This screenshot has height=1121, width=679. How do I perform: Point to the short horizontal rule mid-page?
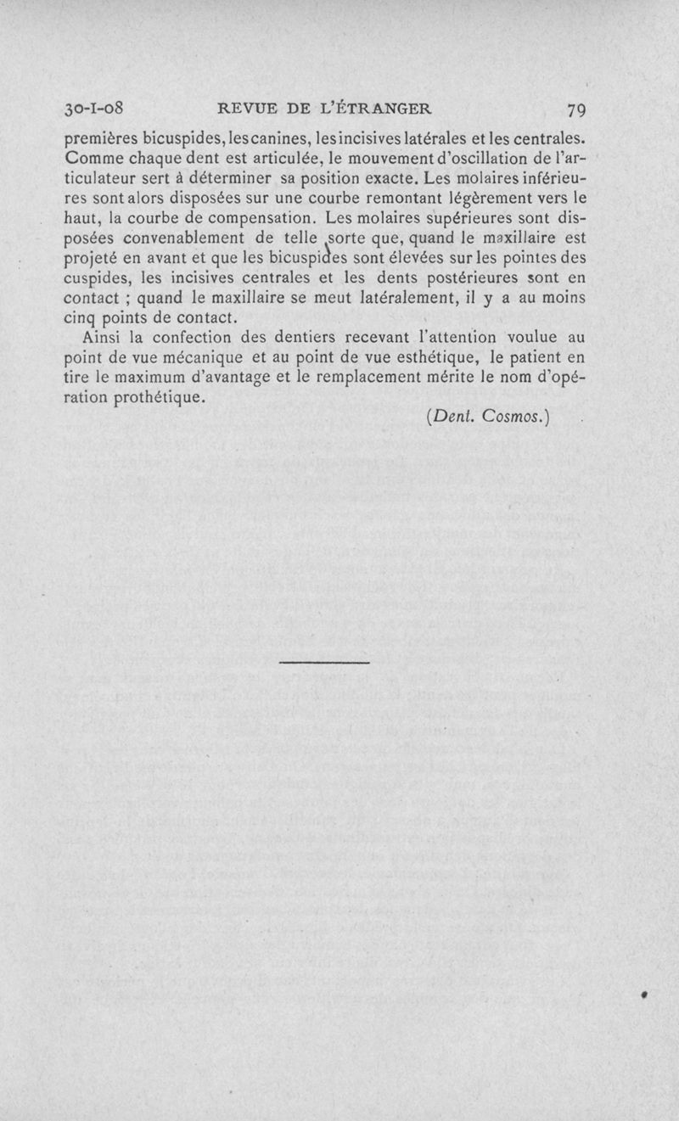coord(323,663)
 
